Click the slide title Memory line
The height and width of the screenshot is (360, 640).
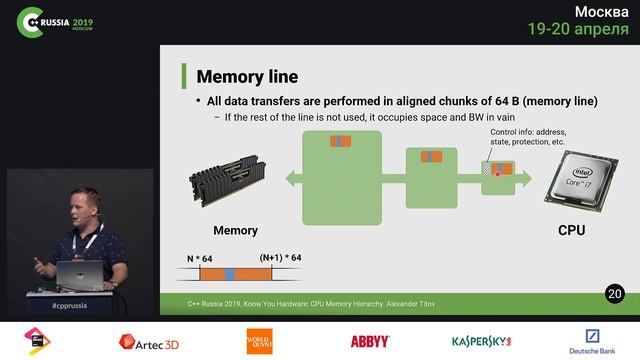(247, 76)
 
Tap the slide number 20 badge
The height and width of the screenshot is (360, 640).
(614, 293)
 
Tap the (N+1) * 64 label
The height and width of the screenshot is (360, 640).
(280, 258)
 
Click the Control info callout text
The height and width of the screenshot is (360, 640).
(528, 137)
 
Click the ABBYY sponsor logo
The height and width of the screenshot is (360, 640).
(370, 342)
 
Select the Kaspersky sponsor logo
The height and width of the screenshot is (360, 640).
(481, 342)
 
